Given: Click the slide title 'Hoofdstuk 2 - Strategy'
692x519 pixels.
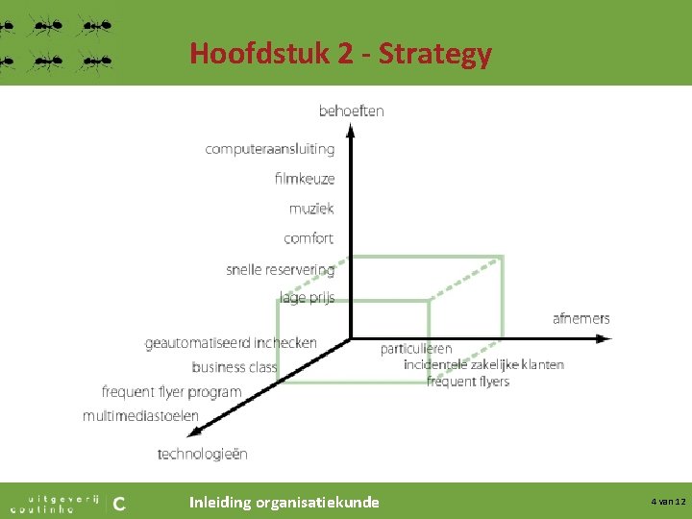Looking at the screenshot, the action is [x=340, y=54].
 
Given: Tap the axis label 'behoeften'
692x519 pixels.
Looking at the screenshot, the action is [x=351, y=111].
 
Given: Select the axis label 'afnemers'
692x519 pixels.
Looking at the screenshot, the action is [x=581, y=318].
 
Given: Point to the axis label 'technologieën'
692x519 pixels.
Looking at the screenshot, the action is [x=202, y=454].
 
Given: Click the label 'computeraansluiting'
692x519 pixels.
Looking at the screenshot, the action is [x=269, y=149].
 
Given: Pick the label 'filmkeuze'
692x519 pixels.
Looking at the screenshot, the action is [x=304, y=179].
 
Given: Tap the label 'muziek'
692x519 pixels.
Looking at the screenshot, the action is [x=311, y=209].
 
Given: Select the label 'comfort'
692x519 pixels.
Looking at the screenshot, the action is [x=309, y=238].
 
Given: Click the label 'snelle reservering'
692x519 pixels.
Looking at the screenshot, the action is [x=280, y=269].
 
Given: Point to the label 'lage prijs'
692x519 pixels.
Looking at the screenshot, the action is [x=307, y=297].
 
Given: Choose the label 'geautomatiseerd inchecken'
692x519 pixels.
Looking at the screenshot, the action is [x=231, y=342].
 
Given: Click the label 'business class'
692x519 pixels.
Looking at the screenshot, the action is [x=234, y=367].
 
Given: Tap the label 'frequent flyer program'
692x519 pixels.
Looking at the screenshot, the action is [x=171, y=392].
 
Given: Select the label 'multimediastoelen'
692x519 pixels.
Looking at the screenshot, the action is [x=140, y=416].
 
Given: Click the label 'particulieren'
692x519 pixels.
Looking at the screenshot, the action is [x=415, y=349].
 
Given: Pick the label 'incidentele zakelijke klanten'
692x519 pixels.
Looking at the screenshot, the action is [x=483, y=364].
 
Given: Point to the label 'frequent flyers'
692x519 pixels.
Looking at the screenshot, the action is [x=467, y=381].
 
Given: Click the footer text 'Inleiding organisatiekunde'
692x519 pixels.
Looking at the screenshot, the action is [x=284, y=502].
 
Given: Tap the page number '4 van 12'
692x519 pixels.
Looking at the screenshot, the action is [x=667, y=502].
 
